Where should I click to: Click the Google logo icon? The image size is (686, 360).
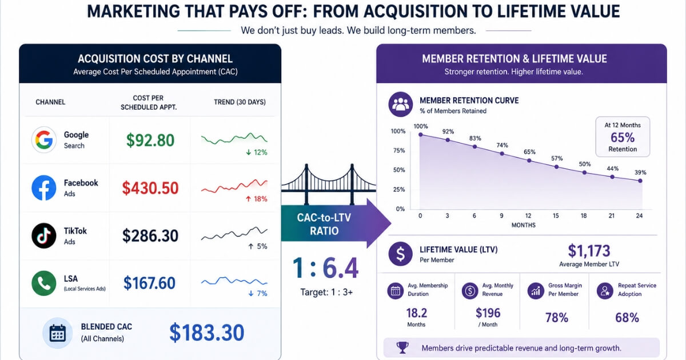point(44,139)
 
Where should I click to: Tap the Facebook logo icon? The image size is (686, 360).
point(44,187)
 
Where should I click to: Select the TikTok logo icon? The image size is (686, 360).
point(44,235)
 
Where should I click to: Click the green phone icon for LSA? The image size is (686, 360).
point(44,283)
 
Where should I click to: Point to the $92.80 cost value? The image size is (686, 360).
point(150,140)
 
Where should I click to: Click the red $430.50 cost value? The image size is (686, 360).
point(150,188)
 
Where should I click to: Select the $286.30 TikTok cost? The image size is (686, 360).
point(150,235)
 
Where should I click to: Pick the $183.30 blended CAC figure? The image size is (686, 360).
point(207,333)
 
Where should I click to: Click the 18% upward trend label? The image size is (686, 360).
point(257,199)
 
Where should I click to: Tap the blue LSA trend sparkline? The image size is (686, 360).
point(234,281)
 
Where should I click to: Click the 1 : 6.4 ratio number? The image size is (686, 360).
point(325,268)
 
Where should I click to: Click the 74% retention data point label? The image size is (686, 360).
point(502,145)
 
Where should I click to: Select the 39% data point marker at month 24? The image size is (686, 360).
point(640,181)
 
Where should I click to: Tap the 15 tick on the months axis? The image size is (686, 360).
point(556,216)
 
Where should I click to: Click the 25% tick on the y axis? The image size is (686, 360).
point(399,190)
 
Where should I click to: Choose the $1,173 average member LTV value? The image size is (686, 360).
point(589,251)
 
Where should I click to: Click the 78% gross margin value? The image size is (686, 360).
point(557,318)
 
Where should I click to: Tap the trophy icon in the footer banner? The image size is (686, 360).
point(402,348)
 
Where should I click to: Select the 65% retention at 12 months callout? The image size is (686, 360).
point(623,137)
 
